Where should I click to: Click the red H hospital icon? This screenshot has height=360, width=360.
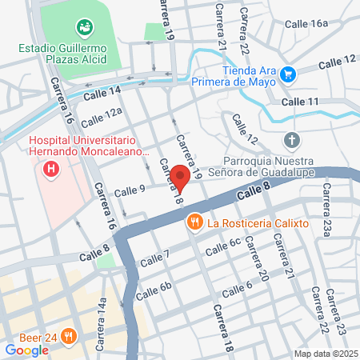point(52,170)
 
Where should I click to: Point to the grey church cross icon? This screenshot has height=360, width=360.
point(293,142)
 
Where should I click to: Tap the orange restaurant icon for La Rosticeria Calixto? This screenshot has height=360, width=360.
point(193,222)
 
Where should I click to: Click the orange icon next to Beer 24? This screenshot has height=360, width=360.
point(70,337)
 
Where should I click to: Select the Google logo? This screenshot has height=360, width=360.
point(26,349)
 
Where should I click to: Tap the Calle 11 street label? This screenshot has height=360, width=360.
point(300,102)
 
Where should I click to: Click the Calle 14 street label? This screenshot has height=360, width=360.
point(104,93)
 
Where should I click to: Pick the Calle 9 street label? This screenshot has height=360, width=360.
point(130,190)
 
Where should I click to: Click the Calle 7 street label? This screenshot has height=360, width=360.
point(154,258)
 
